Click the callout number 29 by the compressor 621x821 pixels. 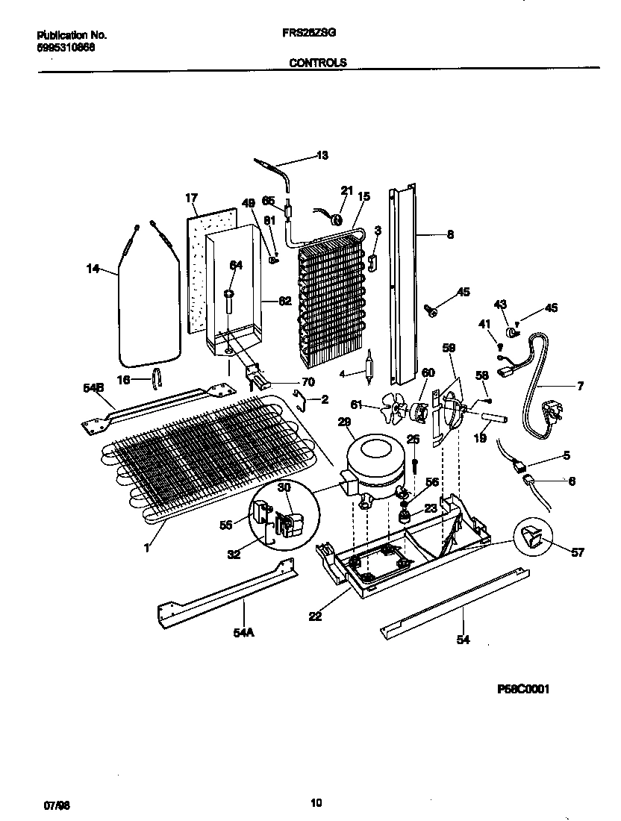click(344, 422)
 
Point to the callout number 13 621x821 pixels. click(322, 156)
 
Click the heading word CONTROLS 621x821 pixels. click(318, 63)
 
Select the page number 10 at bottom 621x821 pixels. click(316, 803)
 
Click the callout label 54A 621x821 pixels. click(243, 633)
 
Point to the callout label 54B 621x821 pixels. click(93, 388)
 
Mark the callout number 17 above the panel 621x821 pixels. click(191, 198)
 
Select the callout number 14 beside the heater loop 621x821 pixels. click(93, 269)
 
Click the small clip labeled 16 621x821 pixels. click(156, 379)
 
